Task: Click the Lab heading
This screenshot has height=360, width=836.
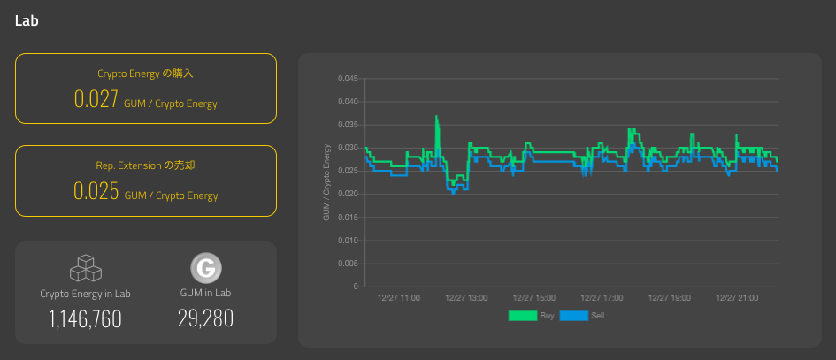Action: coord(27,21)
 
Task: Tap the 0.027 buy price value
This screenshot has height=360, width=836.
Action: coord(96,99)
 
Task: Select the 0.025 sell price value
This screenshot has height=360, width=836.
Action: coord(96,191)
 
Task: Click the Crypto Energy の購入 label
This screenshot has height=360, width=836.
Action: coord(146,73)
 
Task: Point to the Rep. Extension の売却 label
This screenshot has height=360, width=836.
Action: coord(146,165)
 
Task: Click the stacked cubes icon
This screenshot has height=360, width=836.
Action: coord(85,268)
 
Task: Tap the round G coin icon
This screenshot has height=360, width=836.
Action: coord(206,268)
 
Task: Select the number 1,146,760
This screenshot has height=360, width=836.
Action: coord(85,319)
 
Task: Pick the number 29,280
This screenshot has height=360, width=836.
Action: coord(206,318)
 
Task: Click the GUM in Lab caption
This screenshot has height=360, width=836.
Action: coord(206,293)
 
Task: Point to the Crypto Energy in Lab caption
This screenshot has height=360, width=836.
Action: coord(85,294)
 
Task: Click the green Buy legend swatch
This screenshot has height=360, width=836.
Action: coord(523,316)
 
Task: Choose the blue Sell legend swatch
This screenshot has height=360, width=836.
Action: coord(574,316)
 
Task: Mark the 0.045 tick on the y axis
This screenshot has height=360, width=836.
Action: coord(349,79)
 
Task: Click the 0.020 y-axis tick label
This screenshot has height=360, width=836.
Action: coord(349,194)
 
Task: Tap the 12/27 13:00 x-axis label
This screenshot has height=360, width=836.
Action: coord(466,298)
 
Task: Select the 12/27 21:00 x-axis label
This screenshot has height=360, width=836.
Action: coord(737,298)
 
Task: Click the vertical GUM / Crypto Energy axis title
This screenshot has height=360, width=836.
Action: coord(326,182)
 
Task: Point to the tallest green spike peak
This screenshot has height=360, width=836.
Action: coord(436,116)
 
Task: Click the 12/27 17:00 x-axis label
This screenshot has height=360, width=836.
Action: coord(602,298)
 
